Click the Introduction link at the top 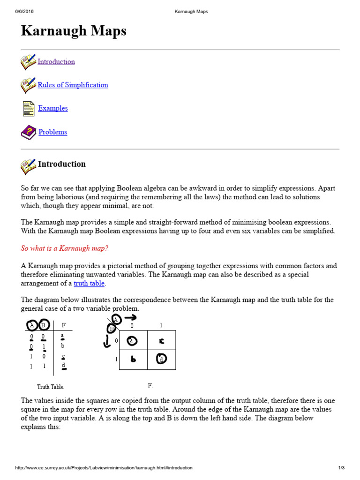(56, 62)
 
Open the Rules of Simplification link (73, 85)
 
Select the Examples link (53, 108)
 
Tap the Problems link (52, 132)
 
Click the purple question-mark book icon (29, 132)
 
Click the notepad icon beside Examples (29, 108)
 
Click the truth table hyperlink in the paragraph (89, 283)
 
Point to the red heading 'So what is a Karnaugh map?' (65, 248)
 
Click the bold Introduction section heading (61, 164)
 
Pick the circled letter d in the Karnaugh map (162, 360)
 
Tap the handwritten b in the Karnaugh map (133, 360)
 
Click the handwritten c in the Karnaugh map (162, 341)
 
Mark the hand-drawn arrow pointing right (130, 318)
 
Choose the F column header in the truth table (63, 325)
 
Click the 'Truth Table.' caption (51, 387)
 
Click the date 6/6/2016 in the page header (24, 12)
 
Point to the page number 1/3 (341, 468)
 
